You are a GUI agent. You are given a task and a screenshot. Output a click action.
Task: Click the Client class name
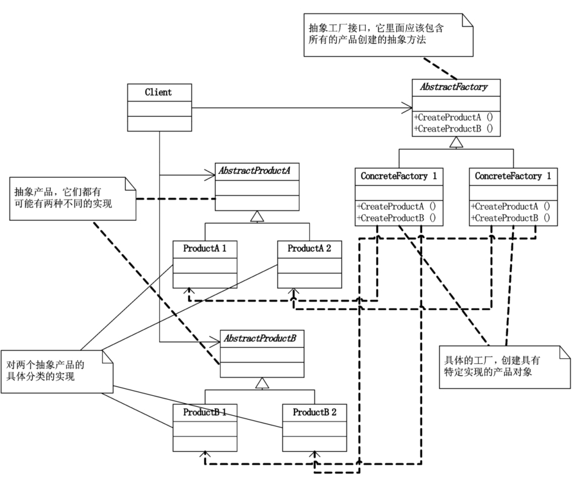coord(158,92)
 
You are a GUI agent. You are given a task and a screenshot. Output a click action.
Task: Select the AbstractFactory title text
coord(454,87)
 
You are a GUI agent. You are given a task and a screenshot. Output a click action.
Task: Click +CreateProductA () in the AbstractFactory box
coord(454,117)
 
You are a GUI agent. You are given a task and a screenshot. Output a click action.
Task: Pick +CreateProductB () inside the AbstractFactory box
coord(454,128)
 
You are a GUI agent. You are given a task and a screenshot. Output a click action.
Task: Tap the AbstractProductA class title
coord(255,171)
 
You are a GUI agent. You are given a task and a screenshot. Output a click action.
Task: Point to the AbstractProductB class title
coord(260,338)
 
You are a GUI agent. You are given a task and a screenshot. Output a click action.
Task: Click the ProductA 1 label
coord(205,248)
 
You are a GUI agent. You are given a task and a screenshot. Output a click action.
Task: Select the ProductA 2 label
coord(309,248)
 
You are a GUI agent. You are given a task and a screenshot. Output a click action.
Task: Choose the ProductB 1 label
coord(205,412)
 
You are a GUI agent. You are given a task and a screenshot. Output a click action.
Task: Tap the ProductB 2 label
coord(314,412)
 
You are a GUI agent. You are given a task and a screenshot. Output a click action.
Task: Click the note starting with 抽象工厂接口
coord(388,35)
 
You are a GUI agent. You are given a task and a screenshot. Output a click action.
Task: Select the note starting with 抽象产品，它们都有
coord(73,199)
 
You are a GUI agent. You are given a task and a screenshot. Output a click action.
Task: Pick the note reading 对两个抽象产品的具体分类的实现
coord(57,372)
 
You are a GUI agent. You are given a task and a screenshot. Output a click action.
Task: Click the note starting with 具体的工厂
coord(505,367)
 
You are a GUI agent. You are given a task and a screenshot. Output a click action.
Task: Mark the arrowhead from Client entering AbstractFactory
coord(407,108)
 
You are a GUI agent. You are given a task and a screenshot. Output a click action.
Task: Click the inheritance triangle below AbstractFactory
coord(456,142)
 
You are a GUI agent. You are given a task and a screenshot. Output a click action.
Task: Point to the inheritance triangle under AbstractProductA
coord(257,216)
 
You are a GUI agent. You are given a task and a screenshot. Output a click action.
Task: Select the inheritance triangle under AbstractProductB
coord(262,383)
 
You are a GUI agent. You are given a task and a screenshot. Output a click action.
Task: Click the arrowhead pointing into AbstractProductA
coord(210,175)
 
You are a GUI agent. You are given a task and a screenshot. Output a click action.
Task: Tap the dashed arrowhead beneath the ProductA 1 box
coord(189,291)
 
